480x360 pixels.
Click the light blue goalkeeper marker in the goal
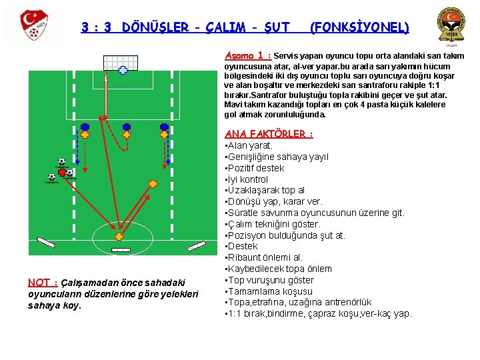point(123,69)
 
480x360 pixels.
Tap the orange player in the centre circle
point(119,236)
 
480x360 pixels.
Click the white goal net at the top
point(121,62)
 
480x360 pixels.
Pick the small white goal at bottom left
point(45,241)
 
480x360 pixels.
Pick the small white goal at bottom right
point(196,247)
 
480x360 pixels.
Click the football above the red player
point(61,161)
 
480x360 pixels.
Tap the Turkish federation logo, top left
point(31,25)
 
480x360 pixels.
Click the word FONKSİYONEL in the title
point(360,28)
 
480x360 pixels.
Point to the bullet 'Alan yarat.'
point(250,145)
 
